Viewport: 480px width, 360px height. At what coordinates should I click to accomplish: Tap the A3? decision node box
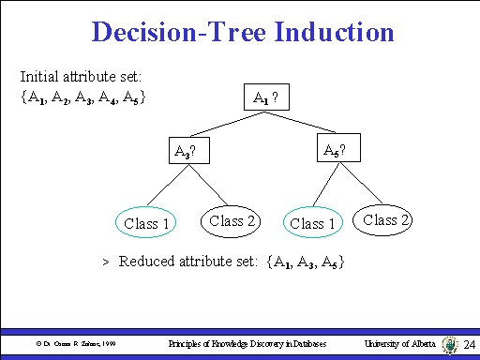188,151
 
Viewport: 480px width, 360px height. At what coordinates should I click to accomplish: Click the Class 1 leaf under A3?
147,223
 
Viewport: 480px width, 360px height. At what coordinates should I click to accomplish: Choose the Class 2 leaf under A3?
232,221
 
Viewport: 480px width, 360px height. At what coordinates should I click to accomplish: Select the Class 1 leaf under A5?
313,223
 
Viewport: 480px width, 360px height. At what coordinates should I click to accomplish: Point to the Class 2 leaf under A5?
386,220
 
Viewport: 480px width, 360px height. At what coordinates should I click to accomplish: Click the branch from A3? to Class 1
167,187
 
